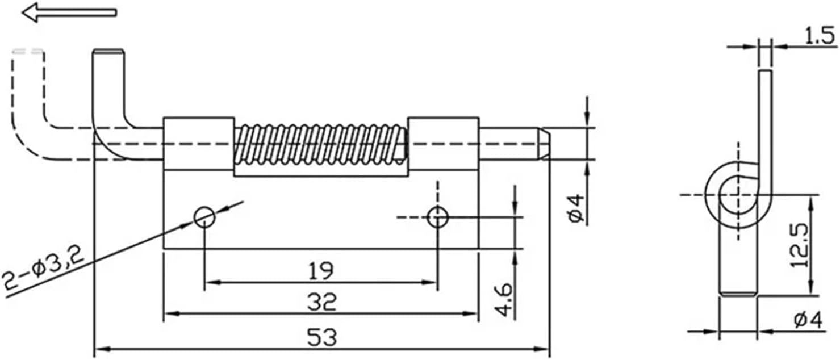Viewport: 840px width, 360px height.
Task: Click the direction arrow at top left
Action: [x=68, y=12]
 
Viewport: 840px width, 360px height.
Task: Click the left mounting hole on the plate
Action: [x=204, y=217]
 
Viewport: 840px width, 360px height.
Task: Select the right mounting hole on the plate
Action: [x=437, y=217]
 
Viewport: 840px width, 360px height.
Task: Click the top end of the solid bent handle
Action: [x=108, y=53]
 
